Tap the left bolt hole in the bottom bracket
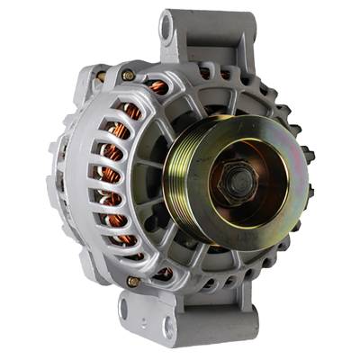[125, 311]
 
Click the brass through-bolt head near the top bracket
[129, 75]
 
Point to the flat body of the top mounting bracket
[202, 36]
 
